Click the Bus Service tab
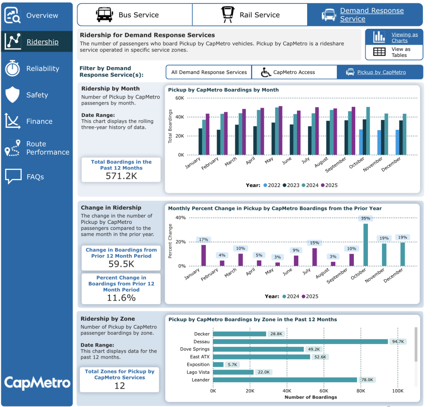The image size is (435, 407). coord(134,15)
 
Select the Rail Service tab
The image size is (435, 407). coord(250,15)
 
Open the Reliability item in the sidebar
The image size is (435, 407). coord(42,68)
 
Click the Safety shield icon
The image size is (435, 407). coord(12,95)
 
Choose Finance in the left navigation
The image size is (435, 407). coord(39,122)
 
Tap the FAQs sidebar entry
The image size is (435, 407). coord(35,177)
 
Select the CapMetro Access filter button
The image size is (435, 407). coord(294,72)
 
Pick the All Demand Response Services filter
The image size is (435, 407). coord(209,72)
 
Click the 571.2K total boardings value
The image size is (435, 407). coord(121,175)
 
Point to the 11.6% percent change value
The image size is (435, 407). coord(121,298)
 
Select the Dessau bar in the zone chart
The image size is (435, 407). coord(300,342)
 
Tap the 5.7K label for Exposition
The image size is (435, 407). coord(233,365)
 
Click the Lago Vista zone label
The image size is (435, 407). coord(198,372)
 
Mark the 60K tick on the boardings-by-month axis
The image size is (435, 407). coord(179,98)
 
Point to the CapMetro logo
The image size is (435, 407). coord(37,383)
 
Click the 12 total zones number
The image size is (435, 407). coord(119,386)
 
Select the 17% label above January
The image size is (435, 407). coord(203,240)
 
